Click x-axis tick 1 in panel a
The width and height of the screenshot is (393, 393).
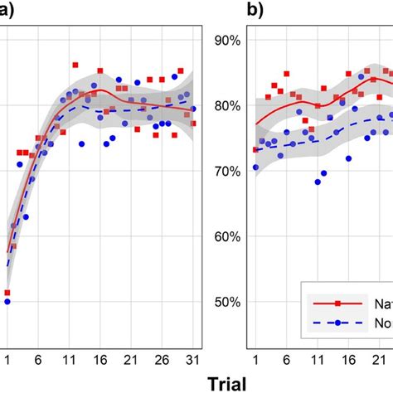[7, 357]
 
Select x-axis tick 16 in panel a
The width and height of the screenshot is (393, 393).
[99, 357]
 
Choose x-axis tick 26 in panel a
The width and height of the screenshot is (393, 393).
[162, 357]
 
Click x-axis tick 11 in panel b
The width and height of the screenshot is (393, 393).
[317, 357]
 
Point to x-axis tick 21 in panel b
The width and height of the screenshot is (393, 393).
[378, 357]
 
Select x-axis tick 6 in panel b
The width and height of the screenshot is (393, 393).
[286, 357]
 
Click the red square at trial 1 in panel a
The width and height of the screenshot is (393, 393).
[7, 293]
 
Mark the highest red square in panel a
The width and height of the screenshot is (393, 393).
[75, 64]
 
